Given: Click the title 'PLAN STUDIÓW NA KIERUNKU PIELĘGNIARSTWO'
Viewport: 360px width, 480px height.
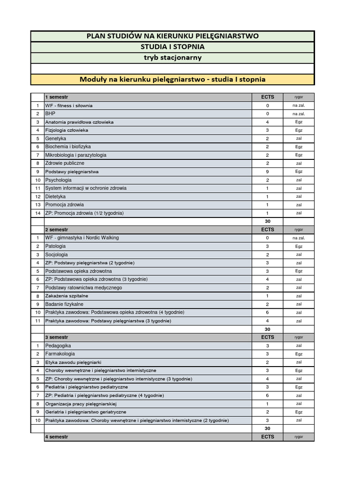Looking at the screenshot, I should (x=172, y=36).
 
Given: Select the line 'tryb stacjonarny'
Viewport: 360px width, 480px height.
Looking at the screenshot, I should (x=172, y=58).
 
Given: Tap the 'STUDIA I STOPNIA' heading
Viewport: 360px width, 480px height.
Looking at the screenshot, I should (x=172, y=47).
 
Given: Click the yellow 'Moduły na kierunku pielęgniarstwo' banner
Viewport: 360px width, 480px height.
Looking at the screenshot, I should (x=172, y=79).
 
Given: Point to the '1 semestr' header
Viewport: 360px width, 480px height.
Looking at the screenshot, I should (x=56, y=97).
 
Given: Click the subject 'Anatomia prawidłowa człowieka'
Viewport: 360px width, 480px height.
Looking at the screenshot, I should (x=79, y=122).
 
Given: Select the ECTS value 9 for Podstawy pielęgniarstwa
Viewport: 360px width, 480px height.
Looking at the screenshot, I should (x=268, y=172).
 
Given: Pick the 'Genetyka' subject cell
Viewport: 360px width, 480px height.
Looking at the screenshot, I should (x=56, y=139).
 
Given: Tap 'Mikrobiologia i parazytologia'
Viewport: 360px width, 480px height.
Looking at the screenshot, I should (x=76, y=155).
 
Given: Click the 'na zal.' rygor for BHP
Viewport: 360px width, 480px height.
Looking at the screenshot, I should (x=299, y=114).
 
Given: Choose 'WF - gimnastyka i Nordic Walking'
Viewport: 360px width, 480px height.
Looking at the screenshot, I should (x=82, y=238).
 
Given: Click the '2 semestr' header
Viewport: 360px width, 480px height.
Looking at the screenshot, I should (x=56, y=230).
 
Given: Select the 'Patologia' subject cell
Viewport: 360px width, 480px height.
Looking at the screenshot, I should (x=55, y=246).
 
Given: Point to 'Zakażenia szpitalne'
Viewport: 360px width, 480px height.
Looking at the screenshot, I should (x=67, y=296).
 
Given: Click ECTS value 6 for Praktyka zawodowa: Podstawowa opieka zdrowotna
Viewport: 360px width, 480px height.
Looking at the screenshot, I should (x=268, y=312).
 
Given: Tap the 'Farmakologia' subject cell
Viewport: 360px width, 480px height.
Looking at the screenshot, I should (x=60, y=354).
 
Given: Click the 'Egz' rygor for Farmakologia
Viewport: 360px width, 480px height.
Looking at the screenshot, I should (x=299, y=354).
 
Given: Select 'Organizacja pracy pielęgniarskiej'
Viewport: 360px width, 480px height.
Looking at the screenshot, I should (x=81, y=404).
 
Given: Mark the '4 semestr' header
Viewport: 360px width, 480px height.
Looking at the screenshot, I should (x=56, y=436).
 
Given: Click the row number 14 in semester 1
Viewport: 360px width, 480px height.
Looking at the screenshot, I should (x=37, y=213).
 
